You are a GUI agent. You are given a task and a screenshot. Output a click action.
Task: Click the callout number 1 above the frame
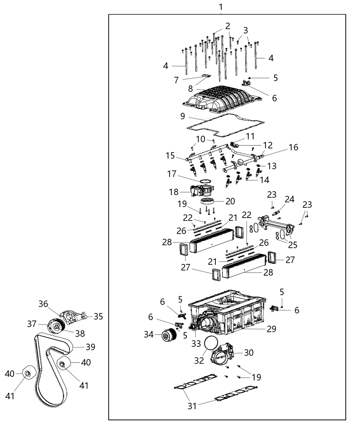click(221, 7)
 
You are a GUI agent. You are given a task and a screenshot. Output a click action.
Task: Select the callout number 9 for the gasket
click(183, 116)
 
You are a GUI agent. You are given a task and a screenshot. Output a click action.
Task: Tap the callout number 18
click(174, 192)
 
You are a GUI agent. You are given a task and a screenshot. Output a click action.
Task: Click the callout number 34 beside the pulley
click(148, 334)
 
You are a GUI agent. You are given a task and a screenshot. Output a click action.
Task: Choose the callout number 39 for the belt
click(90, 347)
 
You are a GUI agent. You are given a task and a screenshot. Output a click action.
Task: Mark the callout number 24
click(290, 199)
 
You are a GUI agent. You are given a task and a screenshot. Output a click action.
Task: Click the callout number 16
click(293, 147)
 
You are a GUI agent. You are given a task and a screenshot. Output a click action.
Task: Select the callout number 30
click(249, 352)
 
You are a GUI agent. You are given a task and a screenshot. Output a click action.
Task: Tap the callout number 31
click(192, 406)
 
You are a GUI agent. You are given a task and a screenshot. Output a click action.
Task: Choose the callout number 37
click(32, 324)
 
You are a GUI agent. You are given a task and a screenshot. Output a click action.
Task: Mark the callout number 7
click(177, 80)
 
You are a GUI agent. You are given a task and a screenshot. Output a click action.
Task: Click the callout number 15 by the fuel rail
click(170, 156)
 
